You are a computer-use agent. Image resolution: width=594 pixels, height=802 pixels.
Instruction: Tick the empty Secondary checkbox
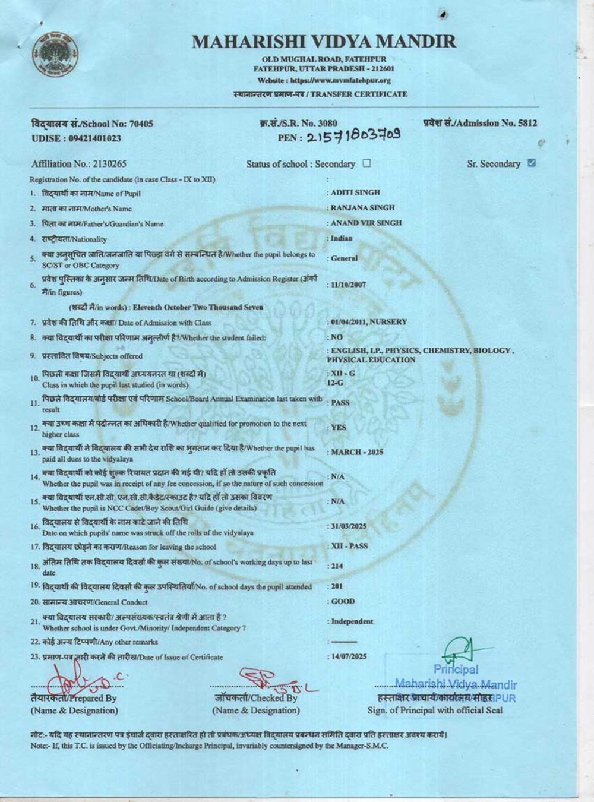point(366,163)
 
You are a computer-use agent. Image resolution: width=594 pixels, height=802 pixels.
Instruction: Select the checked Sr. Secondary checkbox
point(532,163)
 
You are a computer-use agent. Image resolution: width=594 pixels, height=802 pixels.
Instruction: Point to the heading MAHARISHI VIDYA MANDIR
point(324,42)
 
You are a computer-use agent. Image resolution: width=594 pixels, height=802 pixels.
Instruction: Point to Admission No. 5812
point(480,123)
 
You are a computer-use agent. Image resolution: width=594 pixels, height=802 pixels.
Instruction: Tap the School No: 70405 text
point(92,124)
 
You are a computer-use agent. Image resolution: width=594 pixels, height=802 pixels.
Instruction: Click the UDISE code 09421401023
point(76,138)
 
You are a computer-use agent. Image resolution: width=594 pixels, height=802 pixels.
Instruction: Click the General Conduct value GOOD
point(343,602)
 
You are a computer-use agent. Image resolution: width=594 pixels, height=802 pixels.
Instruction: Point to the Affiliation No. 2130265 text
point(79,164)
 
